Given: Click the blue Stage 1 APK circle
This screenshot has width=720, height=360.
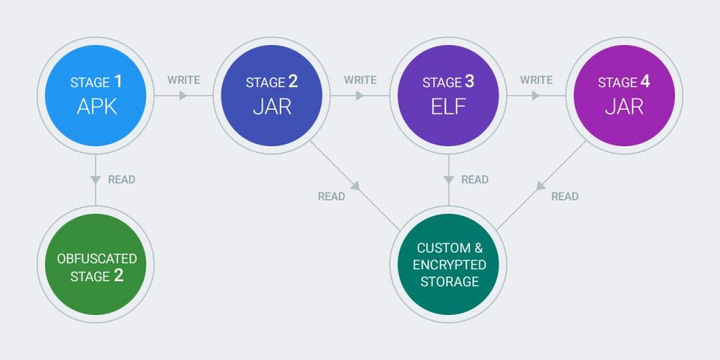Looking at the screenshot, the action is point(96,96).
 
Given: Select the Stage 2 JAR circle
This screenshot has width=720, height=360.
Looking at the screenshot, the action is point(272,96).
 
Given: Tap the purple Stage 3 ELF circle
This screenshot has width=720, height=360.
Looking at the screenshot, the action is point(448,96).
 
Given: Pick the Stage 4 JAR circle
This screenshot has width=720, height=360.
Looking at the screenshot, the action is point(624,96).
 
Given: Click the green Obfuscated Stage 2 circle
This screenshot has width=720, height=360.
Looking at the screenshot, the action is point(96,264).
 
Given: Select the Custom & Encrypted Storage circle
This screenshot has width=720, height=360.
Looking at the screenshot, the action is point(448,264).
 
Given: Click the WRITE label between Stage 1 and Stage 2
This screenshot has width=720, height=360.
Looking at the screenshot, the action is point(184,80).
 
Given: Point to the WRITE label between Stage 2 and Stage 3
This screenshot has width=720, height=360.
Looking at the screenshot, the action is point(360,80).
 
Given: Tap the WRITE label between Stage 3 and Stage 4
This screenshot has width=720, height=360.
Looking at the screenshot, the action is point(536,80).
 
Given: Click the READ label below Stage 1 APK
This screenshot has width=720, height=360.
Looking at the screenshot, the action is point(122,179).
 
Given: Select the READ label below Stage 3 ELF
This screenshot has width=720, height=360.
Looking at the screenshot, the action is point(475,179).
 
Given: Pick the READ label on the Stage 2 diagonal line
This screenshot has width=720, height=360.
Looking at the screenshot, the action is point(332,197).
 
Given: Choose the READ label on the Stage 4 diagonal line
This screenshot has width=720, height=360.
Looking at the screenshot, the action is point(565,197).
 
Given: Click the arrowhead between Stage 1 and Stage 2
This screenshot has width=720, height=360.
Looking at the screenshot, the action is point(184,96).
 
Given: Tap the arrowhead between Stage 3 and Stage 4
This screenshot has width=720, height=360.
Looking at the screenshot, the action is point(536,96).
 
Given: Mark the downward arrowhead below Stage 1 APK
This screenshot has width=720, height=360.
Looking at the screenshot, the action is point(96,179).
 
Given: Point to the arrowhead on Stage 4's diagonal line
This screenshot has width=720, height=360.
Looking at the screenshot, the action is point(541,186).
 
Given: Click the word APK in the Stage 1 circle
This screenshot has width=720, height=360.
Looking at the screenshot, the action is point(97,107).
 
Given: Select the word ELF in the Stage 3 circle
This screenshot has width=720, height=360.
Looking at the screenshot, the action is point(448,107).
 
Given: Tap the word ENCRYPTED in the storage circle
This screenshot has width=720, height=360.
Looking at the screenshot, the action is point(449,265).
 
